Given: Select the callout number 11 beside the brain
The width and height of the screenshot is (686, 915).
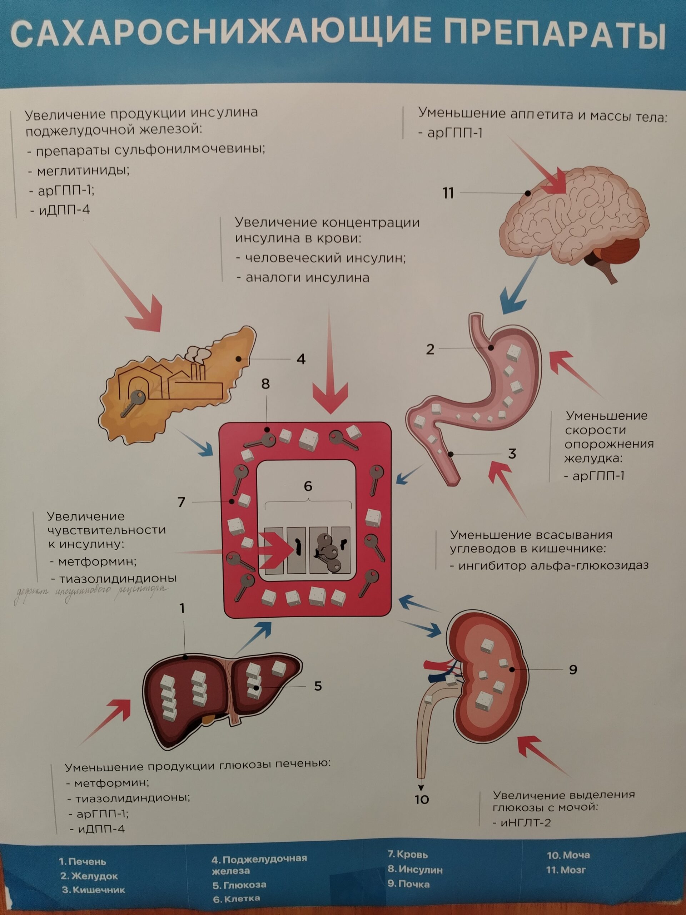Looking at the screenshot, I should (x=448, y=193).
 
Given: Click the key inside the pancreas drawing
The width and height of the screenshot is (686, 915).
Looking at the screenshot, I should (x=133, y=403).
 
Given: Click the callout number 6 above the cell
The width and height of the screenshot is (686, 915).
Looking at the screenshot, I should (x=308, y=486).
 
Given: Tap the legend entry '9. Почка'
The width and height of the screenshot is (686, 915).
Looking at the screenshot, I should (x=408, y=884).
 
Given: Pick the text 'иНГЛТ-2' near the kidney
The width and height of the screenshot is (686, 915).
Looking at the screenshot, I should (x=525, y=823).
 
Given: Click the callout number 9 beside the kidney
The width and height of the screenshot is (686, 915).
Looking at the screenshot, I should (x=573, y=669).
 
